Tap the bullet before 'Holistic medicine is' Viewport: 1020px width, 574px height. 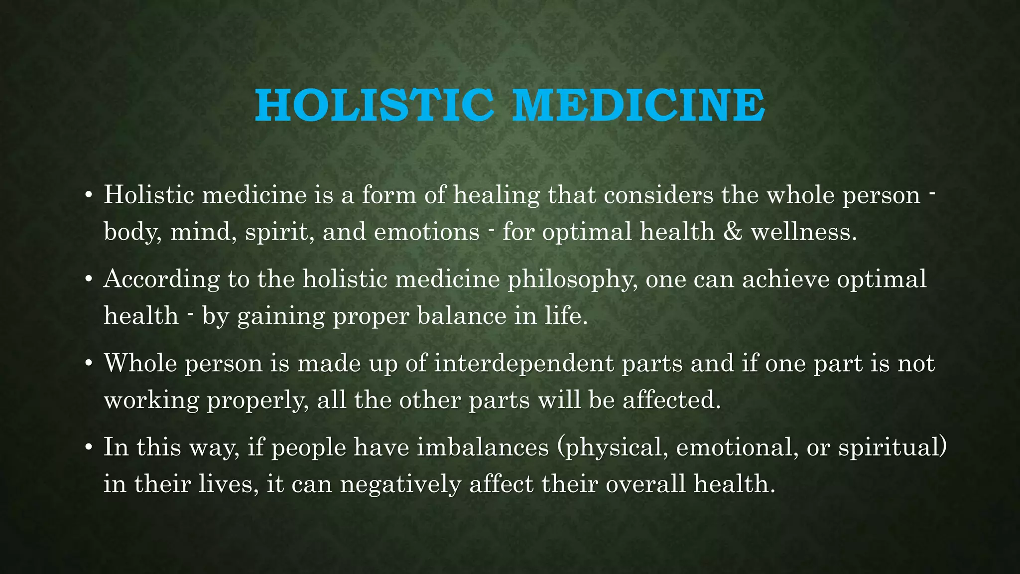88,195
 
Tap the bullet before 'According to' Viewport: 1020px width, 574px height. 88,280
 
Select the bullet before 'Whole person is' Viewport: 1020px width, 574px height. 88,364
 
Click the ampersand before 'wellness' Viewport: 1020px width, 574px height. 732,232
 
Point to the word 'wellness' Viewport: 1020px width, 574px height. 803,232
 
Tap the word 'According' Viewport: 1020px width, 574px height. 161,280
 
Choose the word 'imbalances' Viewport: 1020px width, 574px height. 483,447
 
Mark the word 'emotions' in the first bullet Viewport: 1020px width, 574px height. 426,232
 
